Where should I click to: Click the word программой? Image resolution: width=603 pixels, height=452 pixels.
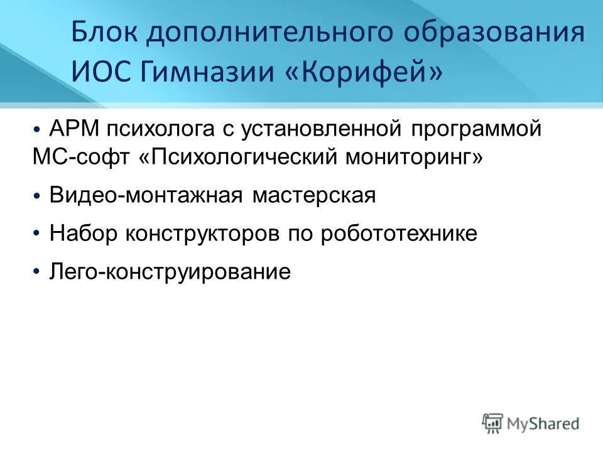(477, 129)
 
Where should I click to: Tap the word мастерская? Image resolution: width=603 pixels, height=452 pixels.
(314, 196)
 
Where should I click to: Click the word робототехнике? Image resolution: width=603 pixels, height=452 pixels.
(399, 234)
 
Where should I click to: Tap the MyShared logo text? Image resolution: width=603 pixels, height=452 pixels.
(543, 424)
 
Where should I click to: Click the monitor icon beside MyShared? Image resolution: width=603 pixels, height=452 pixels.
(493, 423)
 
